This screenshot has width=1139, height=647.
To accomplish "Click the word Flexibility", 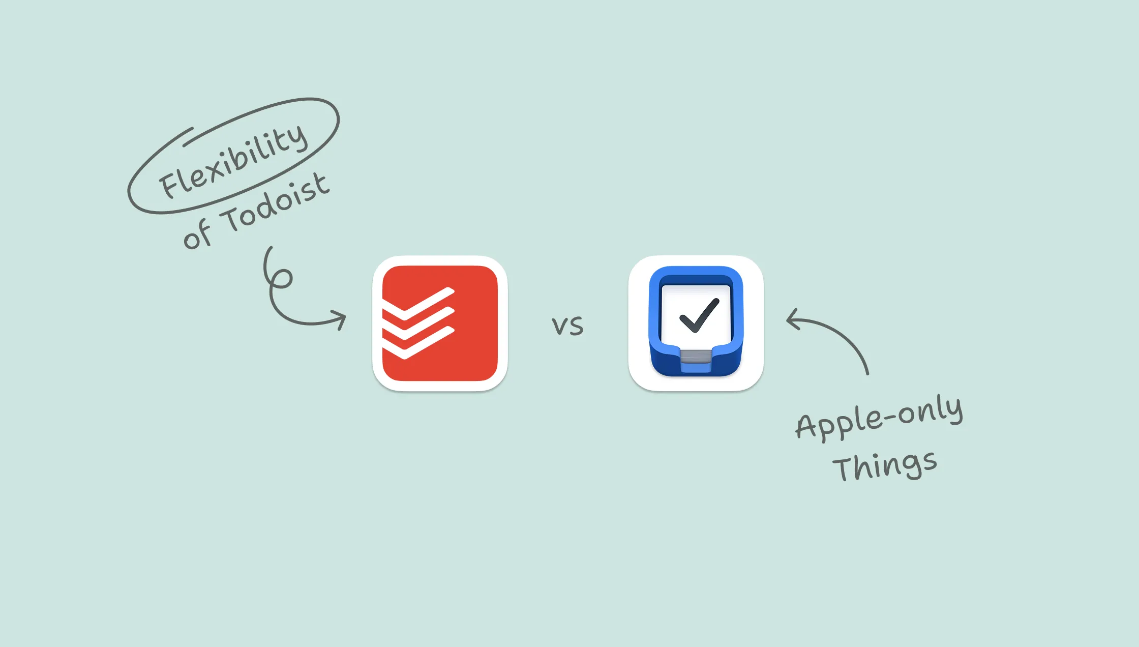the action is (233, 161).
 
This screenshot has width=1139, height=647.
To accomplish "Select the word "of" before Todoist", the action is (196, 234).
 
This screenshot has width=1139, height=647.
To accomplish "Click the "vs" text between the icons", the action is (567, 326).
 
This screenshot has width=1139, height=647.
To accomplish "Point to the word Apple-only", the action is (879, 417).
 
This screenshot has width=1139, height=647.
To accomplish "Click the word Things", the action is (885, 465).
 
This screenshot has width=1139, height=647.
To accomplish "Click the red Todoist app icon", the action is (440, 323).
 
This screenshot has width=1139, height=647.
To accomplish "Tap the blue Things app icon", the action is (696, 323).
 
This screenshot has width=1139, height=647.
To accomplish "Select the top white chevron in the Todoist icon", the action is (418, 304).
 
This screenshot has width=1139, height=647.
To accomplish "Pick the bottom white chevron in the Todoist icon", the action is (418, 343).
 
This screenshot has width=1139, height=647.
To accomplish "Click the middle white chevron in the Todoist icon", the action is (418, 323).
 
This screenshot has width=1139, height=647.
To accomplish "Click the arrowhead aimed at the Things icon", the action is (793, 319).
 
